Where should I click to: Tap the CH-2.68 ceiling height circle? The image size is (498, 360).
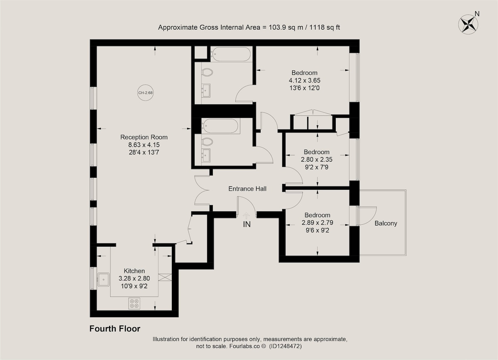pyautogui.click(x=145, y=93)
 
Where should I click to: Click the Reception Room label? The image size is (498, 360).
pyautogui.click(x=144, y=137)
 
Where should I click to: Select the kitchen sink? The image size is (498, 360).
pyautogui.click(x=103, y=280)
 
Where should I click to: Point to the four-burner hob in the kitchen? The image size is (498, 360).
pyautogui.click(x=134, y=304)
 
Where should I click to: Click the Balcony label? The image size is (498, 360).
pyautogui.click(x=386, y=223)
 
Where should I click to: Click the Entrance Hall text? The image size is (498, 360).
pyautogui.click(x=247, y=189)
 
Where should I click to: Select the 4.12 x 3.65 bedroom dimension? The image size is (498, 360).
pyautogui.click(x=304, y=80)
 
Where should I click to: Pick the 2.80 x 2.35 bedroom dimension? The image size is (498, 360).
pyautogui.click(x=317, y=159)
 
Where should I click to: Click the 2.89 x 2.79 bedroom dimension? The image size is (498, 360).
pyautogui.click(x=317, y=223)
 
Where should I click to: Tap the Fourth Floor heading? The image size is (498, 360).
pyautogui.click(x=115, y=328)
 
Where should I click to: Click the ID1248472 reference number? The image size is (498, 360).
pyautogui.click(x=285, y=346)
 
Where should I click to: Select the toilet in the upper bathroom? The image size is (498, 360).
pyautogui.click(x=207, y=72)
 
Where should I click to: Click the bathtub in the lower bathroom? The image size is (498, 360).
pyautogui.click(x=220, y=126)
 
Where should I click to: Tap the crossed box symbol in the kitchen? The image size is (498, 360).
pyautogui.click(x=165, y=277)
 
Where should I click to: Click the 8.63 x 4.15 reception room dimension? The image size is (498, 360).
pyautogui.click(x=144, y=145)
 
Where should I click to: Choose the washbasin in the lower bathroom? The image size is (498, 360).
pyautogui.click(x=206, y=155)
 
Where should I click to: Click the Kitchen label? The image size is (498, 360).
pyautogui.click(x=134, y=271)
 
